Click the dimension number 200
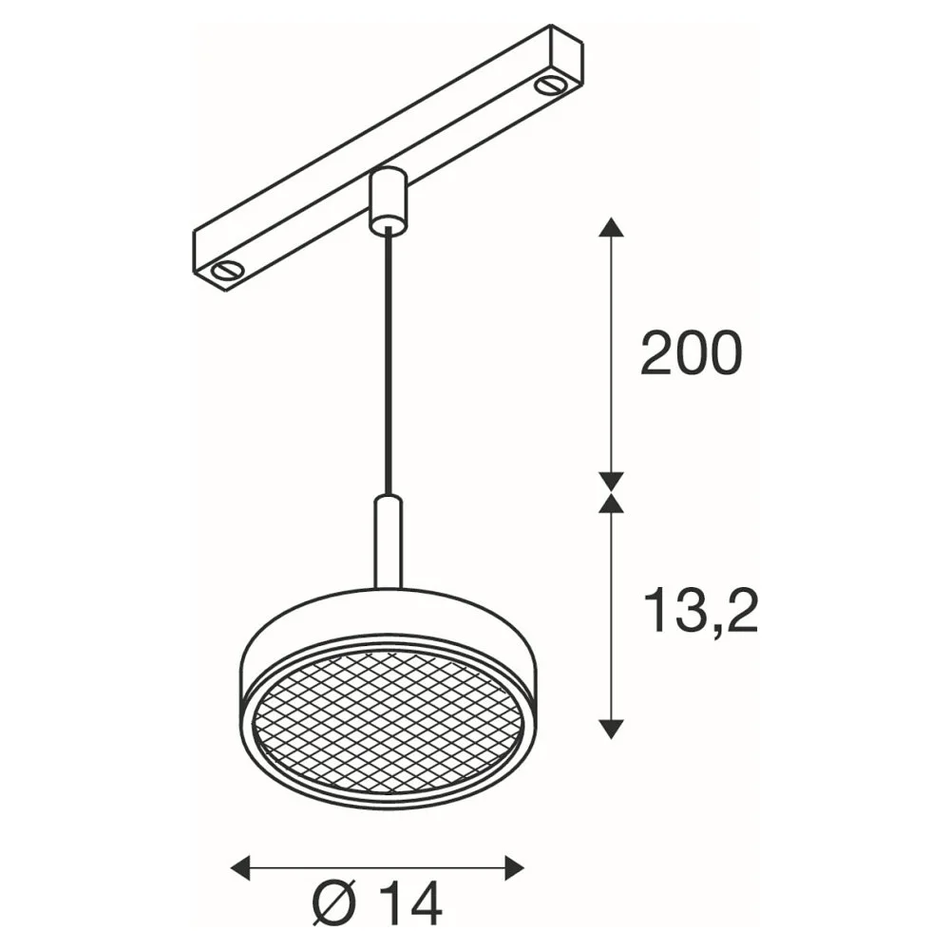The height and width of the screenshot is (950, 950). (691, 353)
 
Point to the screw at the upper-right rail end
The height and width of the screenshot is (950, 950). (549, 85)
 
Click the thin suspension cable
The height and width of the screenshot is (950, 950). (388, 365)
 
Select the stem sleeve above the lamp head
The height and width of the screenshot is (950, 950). (388, 542)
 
